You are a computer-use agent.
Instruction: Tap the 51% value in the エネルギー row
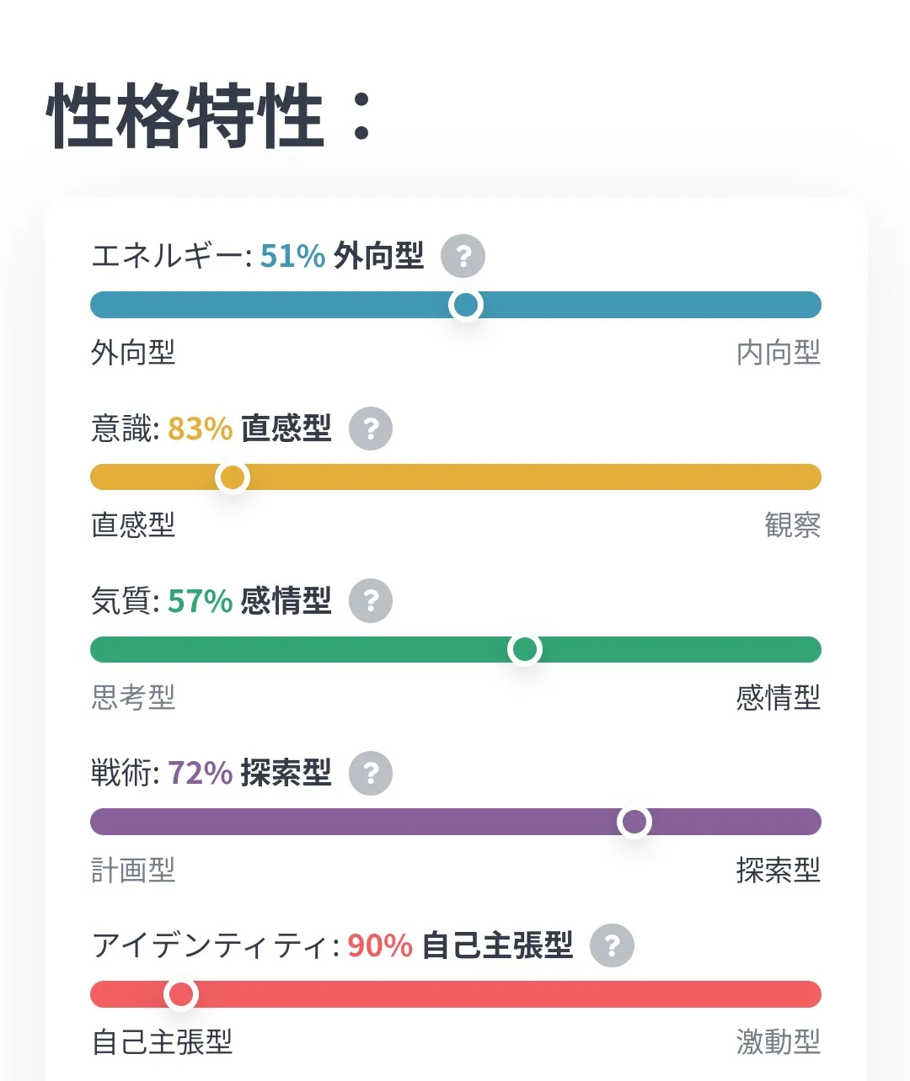tap(292, 256)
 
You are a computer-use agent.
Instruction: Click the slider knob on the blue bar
tap(466, 305)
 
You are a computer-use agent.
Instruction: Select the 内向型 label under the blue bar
tap(778, 353)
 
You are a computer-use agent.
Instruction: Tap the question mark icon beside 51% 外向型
tap(463, 256)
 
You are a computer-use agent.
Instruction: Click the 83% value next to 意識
tap(200, 429)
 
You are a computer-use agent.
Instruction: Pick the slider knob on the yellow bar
tap(233, 477)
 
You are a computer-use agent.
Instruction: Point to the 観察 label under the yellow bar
tap(792, 525)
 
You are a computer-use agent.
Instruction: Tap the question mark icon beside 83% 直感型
tap(371, 429)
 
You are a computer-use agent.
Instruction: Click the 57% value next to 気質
tap(200, 601)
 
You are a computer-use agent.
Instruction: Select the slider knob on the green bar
tap(525, 649)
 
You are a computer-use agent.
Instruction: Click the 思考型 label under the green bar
tap(133, 698)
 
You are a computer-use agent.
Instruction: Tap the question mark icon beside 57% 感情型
tap(371, 601)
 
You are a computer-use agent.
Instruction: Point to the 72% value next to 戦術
tap(200, 773)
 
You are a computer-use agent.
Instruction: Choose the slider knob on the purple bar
tap(634, 822)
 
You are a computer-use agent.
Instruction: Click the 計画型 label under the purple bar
tap(133, 870)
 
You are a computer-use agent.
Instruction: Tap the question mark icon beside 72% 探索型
tap(371, 773)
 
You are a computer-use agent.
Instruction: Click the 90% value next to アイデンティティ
tap(379, 945)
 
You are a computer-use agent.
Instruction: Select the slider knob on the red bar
tap(181, 994)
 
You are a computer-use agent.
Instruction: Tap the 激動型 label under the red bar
tap(778, 1042)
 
